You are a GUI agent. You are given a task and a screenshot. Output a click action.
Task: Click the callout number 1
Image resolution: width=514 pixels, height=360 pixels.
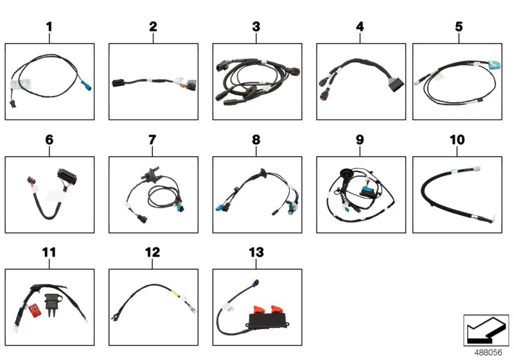pyautogui.click(x=49, y=27)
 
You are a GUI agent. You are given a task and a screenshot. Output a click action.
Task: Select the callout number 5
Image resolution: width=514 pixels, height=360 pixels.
pyautogui.click(x=459, y=27)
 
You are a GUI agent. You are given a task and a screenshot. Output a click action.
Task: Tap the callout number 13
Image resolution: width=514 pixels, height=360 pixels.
pyautogui.click(x=256, y=253)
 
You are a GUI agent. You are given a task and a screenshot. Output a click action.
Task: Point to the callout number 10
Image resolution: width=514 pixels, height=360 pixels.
pyautogui.click(x=457, y=140)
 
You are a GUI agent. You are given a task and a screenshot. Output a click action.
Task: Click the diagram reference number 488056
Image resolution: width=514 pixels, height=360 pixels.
pyautogui.click(x=488, y=352)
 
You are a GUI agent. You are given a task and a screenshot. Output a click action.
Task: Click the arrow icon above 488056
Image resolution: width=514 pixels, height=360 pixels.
pyautogui.click(x=486, y=330)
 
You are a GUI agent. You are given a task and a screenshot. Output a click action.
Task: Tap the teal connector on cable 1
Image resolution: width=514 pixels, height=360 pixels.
pyautogui.click(x=86, y=85)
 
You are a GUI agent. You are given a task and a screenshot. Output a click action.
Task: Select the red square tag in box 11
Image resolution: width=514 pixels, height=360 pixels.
pyautogui.click(x=35, y=310)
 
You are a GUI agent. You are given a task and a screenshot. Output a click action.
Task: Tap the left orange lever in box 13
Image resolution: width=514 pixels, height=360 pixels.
pyautogui.click(x=259, y=309)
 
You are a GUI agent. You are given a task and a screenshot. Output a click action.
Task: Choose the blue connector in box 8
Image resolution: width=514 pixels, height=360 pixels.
pyautogui.click(x=219, y=208)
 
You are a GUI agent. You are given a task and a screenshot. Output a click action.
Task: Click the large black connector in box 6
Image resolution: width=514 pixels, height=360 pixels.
pyautogui.click(x=67, y=176)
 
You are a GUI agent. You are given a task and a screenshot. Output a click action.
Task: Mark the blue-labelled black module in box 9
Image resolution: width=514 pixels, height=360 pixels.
pyautogui.click(x=369, y=191)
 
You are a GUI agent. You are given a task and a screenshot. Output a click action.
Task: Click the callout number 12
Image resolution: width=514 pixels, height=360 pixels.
pyautogui.click(x=152, y=253)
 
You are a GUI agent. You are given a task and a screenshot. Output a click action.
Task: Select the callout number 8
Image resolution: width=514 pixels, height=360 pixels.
pyautogui.click(x=256, y=140)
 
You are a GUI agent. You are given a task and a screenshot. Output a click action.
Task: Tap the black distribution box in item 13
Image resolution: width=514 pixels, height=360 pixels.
pyautogui.click(x=269, y=321)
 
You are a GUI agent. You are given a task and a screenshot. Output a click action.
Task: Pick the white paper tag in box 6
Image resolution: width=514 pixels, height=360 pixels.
pyautogui.click(x=55, y=195)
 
